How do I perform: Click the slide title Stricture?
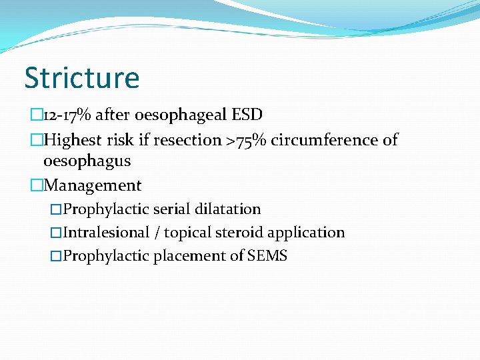coord(82,77)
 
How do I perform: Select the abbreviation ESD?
coord(247,115)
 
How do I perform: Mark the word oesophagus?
coord(87,161)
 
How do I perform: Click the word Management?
coord(93,185)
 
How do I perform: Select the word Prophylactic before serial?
coord(107,209)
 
